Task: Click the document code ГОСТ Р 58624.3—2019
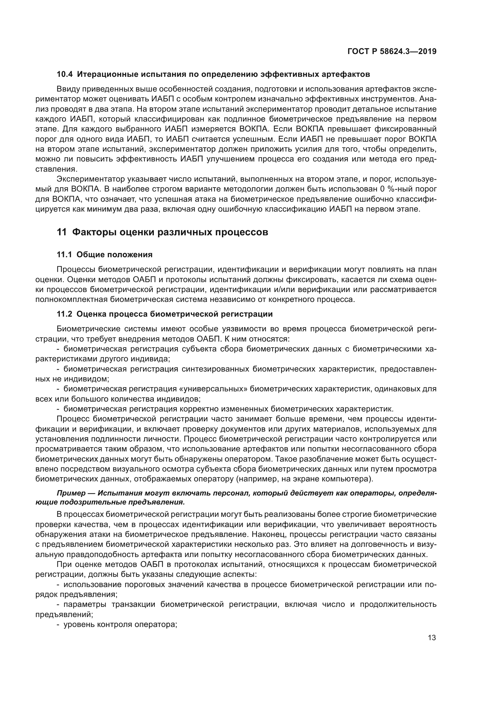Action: point(392,51)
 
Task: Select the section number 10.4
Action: point(65,74)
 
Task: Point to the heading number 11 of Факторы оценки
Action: point(61,232)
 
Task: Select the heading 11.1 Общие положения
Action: point(104,255)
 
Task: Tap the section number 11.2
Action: point(65,314)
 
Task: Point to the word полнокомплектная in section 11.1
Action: point(70,299)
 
